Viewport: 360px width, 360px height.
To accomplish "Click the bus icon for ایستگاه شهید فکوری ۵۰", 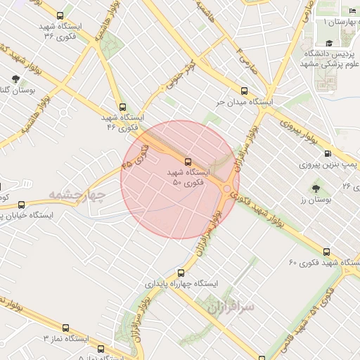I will [187, 162].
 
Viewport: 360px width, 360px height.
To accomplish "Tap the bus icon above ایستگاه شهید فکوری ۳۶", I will [59, 15].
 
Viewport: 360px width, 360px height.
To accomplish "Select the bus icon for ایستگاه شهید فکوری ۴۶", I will [123, 108].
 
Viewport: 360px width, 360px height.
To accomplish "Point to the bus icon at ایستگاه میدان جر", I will [244, 91].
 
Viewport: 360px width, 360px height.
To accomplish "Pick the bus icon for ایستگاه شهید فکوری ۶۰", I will [326, 252].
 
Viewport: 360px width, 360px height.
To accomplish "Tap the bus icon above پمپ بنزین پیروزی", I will [328, 154].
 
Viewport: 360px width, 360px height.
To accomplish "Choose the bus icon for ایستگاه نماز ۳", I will [65, 328].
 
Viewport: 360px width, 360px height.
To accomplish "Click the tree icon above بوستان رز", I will [315, 188].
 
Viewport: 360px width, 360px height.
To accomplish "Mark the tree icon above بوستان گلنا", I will [15, 79].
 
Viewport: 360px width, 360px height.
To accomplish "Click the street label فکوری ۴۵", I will [136, 155].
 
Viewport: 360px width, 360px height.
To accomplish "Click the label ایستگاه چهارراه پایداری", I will [182, 284].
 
